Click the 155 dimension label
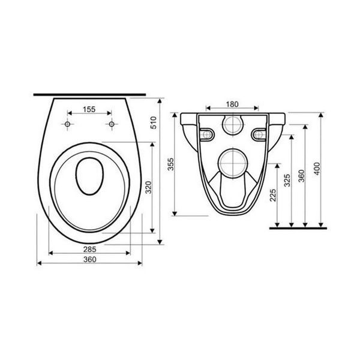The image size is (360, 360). [x=89, y=110]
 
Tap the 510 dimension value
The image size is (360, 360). [x=154, y=122]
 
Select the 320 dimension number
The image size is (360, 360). [x=149, y=187]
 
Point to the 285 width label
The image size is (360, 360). [x=89, y=249]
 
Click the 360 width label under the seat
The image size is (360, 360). [x=89, y=259]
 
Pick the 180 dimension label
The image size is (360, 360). [x=232, y=104]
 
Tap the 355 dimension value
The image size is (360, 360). [x=171, y=164]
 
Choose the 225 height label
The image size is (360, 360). [x=273, y=195]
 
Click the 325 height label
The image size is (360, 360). [x=287, y=181]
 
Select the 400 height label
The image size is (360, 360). [x=317, y=169]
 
